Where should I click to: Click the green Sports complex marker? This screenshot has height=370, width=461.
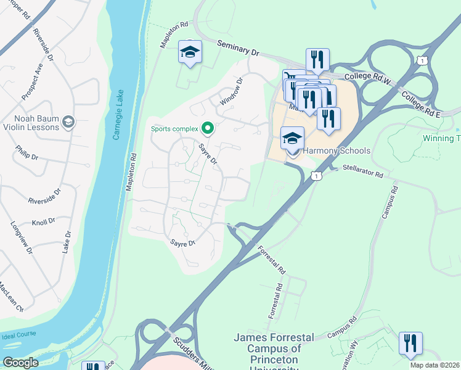pyautogui.click(x=208, y=128)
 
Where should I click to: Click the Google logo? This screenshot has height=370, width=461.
pyautogui.click(x=20, y=362)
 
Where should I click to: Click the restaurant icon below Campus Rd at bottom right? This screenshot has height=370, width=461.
pyautogui.click(x=410, y=343)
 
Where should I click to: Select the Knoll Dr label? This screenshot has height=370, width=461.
pyautogui.click(x=44, y=221)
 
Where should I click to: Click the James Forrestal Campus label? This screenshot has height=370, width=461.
pyautogui.click(x=274, y=348)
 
